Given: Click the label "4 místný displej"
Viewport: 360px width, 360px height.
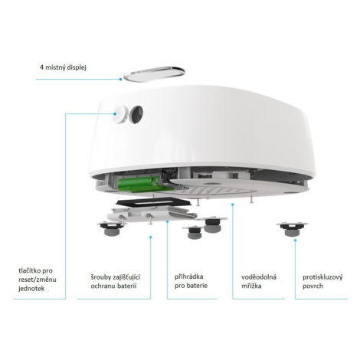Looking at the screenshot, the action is click(x=63, y=67).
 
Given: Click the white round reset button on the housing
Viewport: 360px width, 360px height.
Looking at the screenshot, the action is click(x=120, y=114).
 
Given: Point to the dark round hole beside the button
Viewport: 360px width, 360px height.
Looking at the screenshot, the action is click(x=136, y=114).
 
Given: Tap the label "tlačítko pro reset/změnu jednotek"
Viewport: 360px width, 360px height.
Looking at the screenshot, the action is click(x=38, y=280).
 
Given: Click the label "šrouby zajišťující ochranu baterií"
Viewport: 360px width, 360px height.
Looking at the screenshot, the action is click(x=116, y=281).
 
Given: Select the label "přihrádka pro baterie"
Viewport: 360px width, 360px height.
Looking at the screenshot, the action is click(x=191, y=281).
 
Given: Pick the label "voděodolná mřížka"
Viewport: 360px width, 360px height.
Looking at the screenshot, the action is click(x=259, y=281).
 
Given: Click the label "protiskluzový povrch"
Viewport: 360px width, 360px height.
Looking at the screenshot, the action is click(x=322, y=281).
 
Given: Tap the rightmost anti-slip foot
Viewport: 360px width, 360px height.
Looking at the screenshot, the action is click(x=293, y=229).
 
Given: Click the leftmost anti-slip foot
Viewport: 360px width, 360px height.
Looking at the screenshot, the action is click(x=111, y=228).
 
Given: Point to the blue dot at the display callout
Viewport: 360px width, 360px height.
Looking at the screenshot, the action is click(x=120, y=79).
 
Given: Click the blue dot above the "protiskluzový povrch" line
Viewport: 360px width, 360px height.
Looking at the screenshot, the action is click(x=295, y=240).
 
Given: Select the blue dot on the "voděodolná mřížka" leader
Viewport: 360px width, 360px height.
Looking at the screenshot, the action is click(x=232, y=204).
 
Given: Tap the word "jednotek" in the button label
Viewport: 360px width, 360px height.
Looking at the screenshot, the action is click(x=31, y=289).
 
